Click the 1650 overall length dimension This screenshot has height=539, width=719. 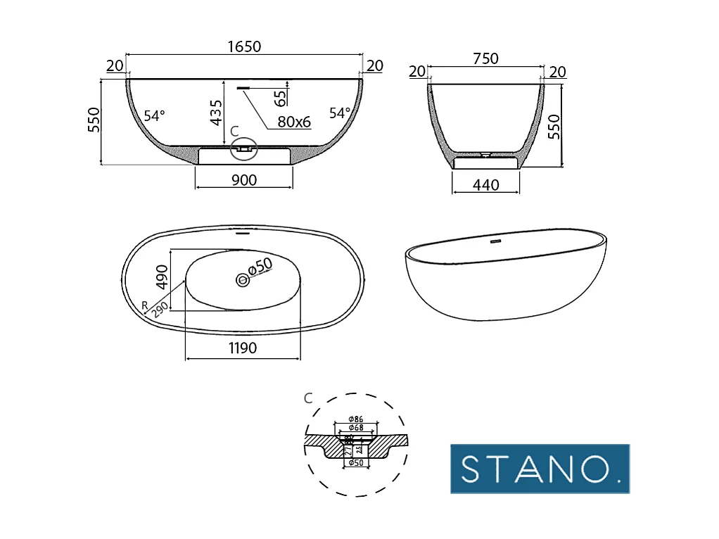(x=244, y=46)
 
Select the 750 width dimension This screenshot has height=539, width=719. (x=485, y=59)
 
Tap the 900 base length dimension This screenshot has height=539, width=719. (x=243, y=180)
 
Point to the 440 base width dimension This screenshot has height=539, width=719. (x=485, y=185)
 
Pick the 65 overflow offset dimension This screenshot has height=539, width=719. (x=280, y=96)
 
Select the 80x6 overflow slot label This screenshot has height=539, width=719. (x=293, y=122)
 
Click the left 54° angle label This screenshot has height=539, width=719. (x=154, y=115)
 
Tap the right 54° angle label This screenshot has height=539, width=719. (x=340, y=113)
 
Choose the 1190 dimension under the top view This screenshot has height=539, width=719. (x=242, y=348)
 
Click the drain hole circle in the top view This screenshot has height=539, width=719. (x=243, y=279)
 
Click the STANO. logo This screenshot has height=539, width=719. (x=540, y=468)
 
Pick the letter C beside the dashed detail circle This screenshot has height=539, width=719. (x=307, y=398)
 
